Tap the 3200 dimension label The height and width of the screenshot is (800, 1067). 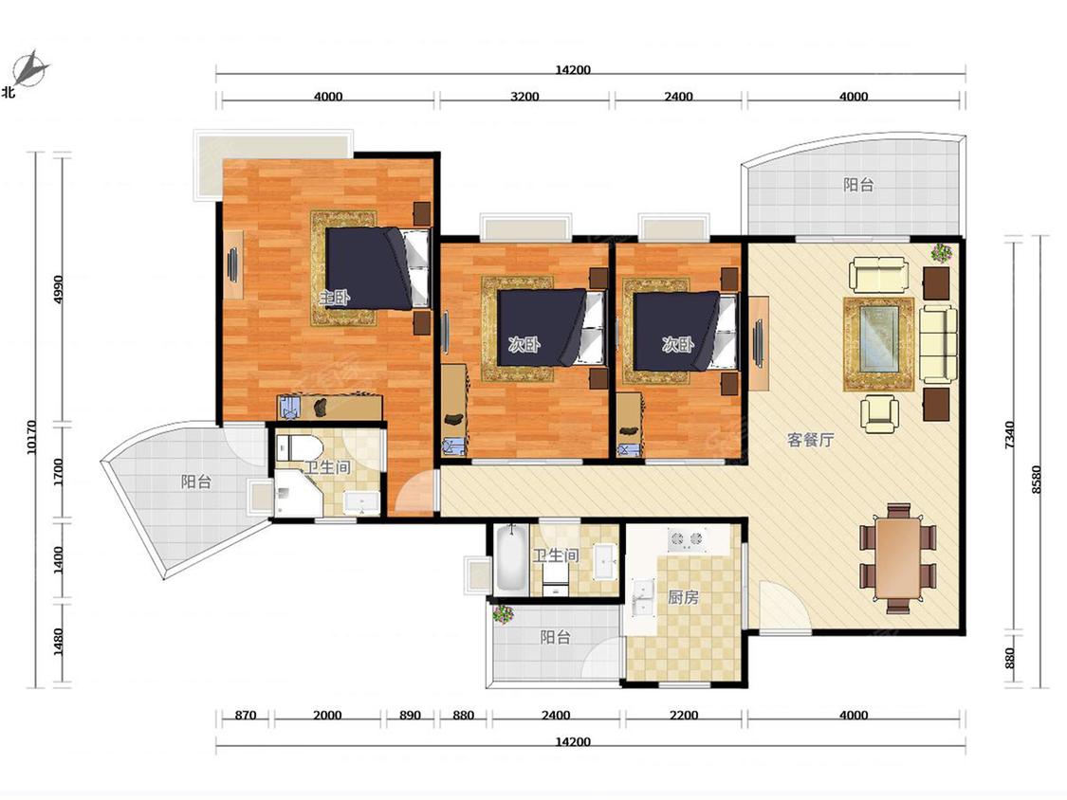click(524, 97)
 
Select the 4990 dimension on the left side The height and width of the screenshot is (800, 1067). click(58, 289)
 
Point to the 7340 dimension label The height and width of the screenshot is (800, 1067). click(1009, 435)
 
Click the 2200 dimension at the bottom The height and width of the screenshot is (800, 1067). click(684, 715)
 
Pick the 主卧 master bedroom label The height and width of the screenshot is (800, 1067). click(335, 298)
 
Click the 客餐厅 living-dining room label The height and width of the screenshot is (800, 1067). click(810, 440)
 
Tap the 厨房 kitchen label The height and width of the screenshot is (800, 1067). click(683, 597)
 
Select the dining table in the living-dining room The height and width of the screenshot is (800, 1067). click(898, 558)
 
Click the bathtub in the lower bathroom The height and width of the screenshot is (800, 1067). click(512, 557)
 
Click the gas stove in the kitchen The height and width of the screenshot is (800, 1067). click(686, 539)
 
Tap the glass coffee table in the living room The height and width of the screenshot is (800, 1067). click(878, 338)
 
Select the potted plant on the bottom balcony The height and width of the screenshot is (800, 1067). click(503, 613)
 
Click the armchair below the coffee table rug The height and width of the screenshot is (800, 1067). click(879, 413)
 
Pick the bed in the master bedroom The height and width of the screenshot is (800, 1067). click(377, 268)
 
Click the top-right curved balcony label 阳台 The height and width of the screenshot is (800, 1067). click(858, 184)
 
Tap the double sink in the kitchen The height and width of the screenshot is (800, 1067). click(642, 596)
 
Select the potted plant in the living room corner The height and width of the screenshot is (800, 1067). click(942, 252)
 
